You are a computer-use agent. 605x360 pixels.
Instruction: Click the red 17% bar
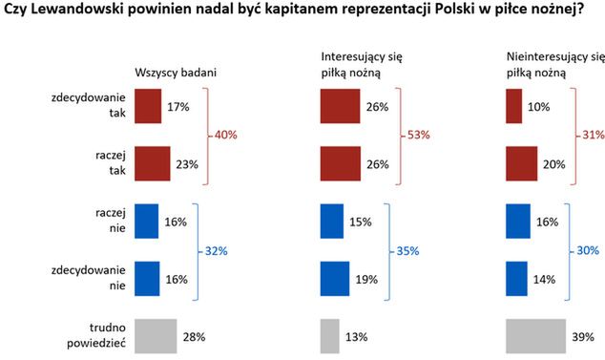[x=148, y=107]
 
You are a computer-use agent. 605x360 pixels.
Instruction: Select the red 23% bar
[x=153, y=163]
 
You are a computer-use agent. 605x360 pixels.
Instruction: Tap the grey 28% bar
[x=156, y=336]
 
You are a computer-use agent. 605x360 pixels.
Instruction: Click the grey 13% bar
[x=329, y=336]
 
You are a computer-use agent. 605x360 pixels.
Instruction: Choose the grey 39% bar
[x=533, y=336]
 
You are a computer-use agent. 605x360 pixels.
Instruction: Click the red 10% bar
[x=512, y=107]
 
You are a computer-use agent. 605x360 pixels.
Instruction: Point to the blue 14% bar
[x=515, y=279]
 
